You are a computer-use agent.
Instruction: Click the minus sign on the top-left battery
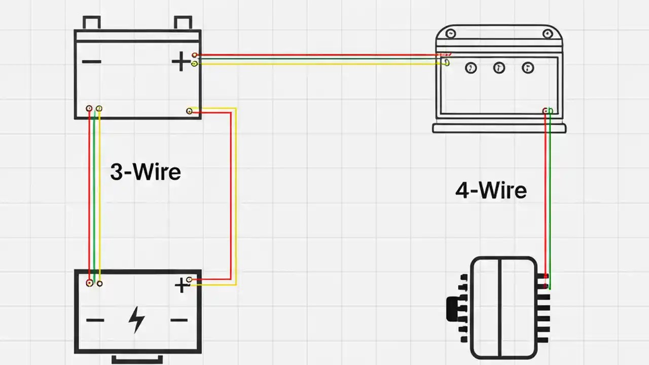91,62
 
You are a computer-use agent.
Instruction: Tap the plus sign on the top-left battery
181,62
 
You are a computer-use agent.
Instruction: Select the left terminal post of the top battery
91,23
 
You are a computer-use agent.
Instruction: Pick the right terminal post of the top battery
183,23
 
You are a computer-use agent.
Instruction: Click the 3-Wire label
146,172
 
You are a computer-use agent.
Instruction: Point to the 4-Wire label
491,191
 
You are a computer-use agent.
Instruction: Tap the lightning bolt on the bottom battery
136,319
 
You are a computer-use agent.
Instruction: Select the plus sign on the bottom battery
181,286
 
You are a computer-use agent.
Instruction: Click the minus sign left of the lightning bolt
95,320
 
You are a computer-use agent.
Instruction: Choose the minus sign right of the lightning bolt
178,320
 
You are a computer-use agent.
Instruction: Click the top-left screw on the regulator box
450,34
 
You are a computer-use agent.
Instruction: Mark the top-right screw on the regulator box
547,34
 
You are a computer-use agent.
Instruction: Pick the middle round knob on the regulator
499,67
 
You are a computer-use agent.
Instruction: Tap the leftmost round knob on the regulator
471,67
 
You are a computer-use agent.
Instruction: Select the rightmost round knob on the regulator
528,67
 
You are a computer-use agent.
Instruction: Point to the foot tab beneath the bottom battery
137,359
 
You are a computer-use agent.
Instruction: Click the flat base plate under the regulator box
499,129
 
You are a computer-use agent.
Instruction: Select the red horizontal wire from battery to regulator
314,55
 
